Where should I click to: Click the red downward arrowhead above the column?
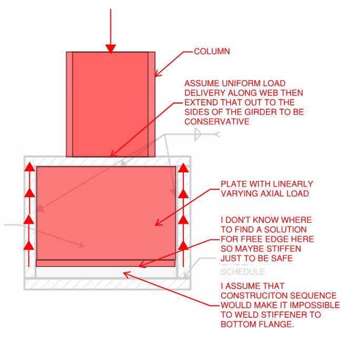110,49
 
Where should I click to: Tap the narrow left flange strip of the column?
69,104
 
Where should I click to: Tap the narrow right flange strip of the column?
152,104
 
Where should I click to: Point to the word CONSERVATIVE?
216,121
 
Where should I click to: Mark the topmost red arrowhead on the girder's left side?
29,168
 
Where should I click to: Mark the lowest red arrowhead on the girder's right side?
183,245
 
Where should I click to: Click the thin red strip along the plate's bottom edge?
105,263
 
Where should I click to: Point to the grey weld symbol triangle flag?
199,135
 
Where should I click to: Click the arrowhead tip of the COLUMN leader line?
156,76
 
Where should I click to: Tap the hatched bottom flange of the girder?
105,284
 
